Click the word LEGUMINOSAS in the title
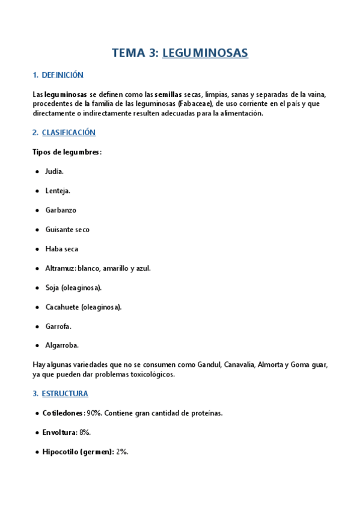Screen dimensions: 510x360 (205, 53)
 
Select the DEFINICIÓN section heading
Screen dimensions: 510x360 (63, 75)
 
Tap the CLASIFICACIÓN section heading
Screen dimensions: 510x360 (69, 132)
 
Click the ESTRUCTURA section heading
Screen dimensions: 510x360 (65, 394)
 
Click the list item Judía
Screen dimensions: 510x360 (54, 172)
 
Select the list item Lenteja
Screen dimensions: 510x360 (58, 191)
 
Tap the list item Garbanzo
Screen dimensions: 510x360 (61, 210)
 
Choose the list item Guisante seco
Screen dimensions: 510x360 (67, 230)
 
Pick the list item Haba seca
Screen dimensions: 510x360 (61, 249)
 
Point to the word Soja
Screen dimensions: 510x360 (52, 287)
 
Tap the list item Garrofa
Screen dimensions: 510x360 (58, 326)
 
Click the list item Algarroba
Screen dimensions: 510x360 (62, 345)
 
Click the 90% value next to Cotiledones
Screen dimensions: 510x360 (94, 413)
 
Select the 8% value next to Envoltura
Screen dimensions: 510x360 (85, 432)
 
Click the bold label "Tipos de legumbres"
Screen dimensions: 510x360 (66, 152)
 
